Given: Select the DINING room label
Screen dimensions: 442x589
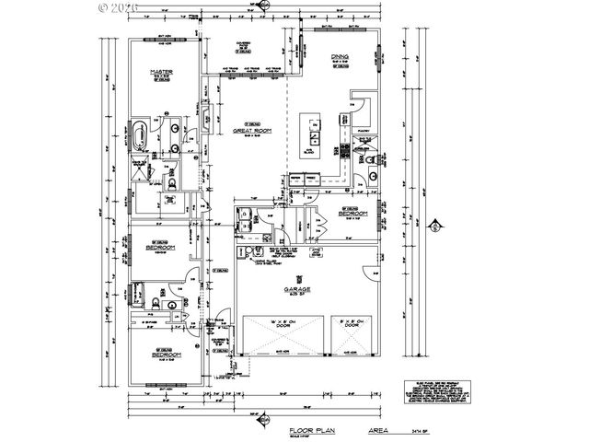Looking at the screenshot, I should point(341,57).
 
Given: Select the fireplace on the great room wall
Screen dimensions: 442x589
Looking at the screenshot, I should point(207,116).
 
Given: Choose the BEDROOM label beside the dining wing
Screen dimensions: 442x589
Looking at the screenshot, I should point(353,214).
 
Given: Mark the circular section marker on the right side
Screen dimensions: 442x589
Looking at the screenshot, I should point(436,224).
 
